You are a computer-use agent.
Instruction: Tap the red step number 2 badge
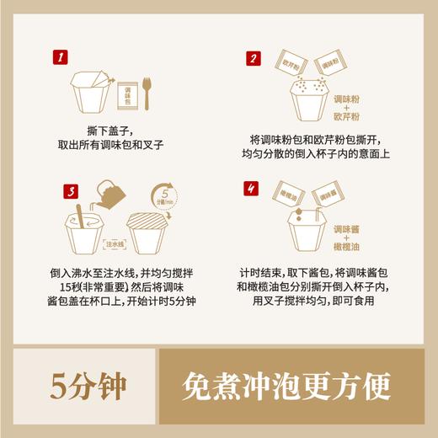tap(252, 59)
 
